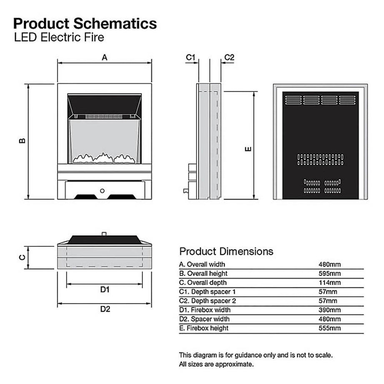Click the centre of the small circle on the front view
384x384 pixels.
pyautogui.click(x=102, y=191)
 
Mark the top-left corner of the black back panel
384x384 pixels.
pyautogui.click(x=283, y=92)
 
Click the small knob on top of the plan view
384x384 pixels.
pyautogui.click(x=104, y=234)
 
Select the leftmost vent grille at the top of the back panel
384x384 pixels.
pyautogui.click(x=293, y=100)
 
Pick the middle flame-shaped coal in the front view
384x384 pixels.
pyautogui.click(x=103, y=158)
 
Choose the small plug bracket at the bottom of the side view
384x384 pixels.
pyautogui.click(x=186, y=191)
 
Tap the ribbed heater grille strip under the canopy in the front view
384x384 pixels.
pyautogui.click(x=104, y=117)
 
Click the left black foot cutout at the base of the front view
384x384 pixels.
pyautogui.click(x=86, y=197)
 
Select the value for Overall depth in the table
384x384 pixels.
pyautogui.click(x=329, y=283)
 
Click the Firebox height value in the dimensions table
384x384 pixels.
pyautogui.click(x=329, y=328)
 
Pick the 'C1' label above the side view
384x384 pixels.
pyautogui.click(x=190, y=57)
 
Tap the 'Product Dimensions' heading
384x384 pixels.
pyautogui.click(x=226, y=252)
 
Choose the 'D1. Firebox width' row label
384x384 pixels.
pyautogui.click(x=205, y=310)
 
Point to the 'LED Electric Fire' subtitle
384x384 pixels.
pyautogui.click(x=59, y=37)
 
